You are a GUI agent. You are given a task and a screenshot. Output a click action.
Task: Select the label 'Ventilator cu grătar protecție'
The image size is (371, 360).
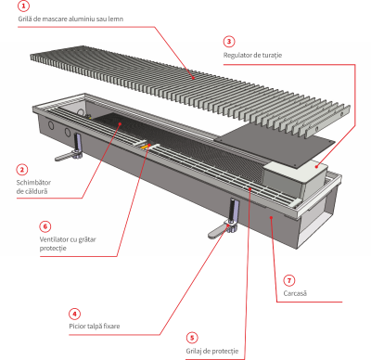67,245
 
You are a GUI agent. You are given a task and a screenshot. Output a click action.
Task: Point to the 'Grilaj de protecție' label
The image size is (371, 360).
211,351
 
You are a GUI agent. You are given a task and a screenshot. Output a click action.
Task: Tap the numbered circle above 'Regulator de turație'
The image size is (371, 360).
229,41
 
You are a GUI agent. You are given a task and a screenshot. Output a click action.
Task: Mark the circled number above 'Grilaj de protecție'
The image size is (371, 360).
192,337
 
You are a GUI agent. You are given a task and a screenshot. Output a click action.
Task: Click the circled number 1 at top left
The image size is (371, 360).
23,5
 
